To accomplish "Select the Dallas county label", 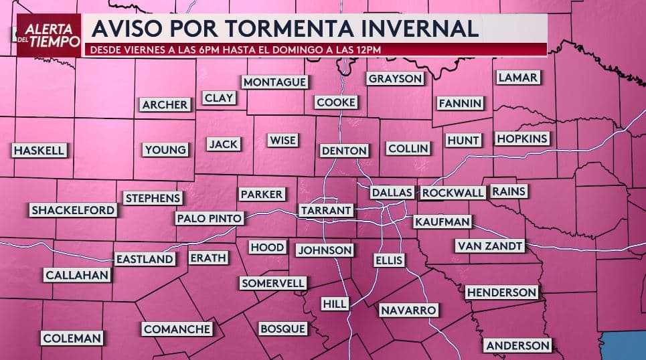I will (392, 193).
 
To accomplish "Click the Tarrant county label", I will (326, 210).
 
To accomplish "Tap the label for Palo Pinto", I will (209, 218).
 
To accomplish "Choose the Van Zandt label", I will (489, 246).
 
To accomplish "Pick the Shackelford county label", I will (73, 210).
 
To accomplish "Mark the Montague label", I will (274, 82).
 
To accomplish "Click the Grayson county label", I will (396, 78).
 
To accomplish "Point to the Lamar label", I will (517, 78).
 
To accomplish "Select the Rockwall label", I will (453, 193).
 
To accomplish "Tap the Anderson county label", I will (518, 345).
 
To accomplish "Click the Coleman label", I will (72, 339).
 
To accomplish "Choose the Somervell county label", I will (273, 283).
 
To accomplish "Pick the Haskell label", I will (39, 151).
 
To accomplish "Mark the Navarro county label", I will (408, 310).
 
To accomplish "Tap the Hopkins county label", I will (522, 139).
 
